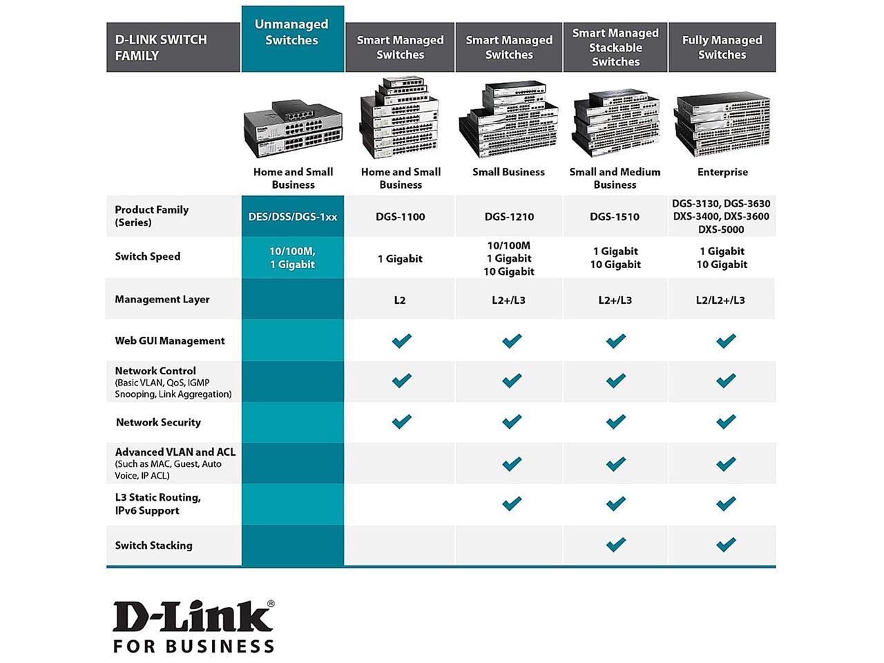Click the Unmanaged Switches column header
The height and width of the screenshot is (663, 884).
pyautogui.click(x=292, y=32)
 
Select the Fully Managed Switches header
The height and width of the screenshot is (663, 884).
pyautogui.click(x=722, y=47)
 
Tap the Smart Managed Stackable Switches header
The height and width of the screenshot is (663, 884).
pyautogui.click(x=615, y=47)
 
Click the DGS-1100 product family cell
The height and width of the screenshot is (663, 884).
pyautogui.click(x=400, y=217)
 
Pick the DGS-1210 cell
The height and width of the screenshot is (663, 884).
pyautogui.click(x=509, y=217)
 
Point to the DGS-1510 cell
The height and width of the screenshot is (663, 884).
pyautogui.click(x=615, y=217)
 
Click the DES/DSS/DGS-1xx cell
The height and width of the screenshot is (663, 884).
pyautogui.click(x=293, y=217)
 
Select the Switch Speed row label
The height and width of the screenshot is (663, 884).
pyautogui.click(x=148, y=257)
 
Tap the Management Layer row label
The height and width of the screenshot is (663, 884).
pyautogui.click(x=162, y=300)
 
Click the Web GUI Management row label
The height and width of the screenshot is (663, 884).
pyautogui.click(x=170, y=340)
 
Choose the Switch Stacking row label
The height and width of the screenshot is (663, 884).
pyautogui.click(x=153, y=546)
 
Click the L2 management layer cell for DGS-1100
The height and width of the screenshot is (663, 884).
pyautogui.click(x=400, y=300)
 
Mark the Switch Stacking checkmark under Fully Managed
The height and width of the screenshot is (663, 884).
pyautogui.click(x=726, y=545)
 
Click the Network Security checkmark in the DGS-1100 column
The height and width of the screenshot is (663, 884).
pyautogui.click(x=401, y=421)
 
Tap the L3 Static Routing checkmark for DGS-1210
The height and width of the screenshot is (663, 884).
pyautogui.click(x=512, y=503)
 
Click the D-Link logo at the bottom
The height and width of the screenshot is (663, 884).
pyautogui.click(x=193, y=626)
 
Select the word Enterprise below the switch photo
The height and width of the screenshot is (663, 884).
pyautogui.click(x=722, y=172)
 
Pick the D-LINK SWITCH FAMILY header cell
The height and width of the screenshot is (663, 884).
pyautogui.click(x=161, y=48)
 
